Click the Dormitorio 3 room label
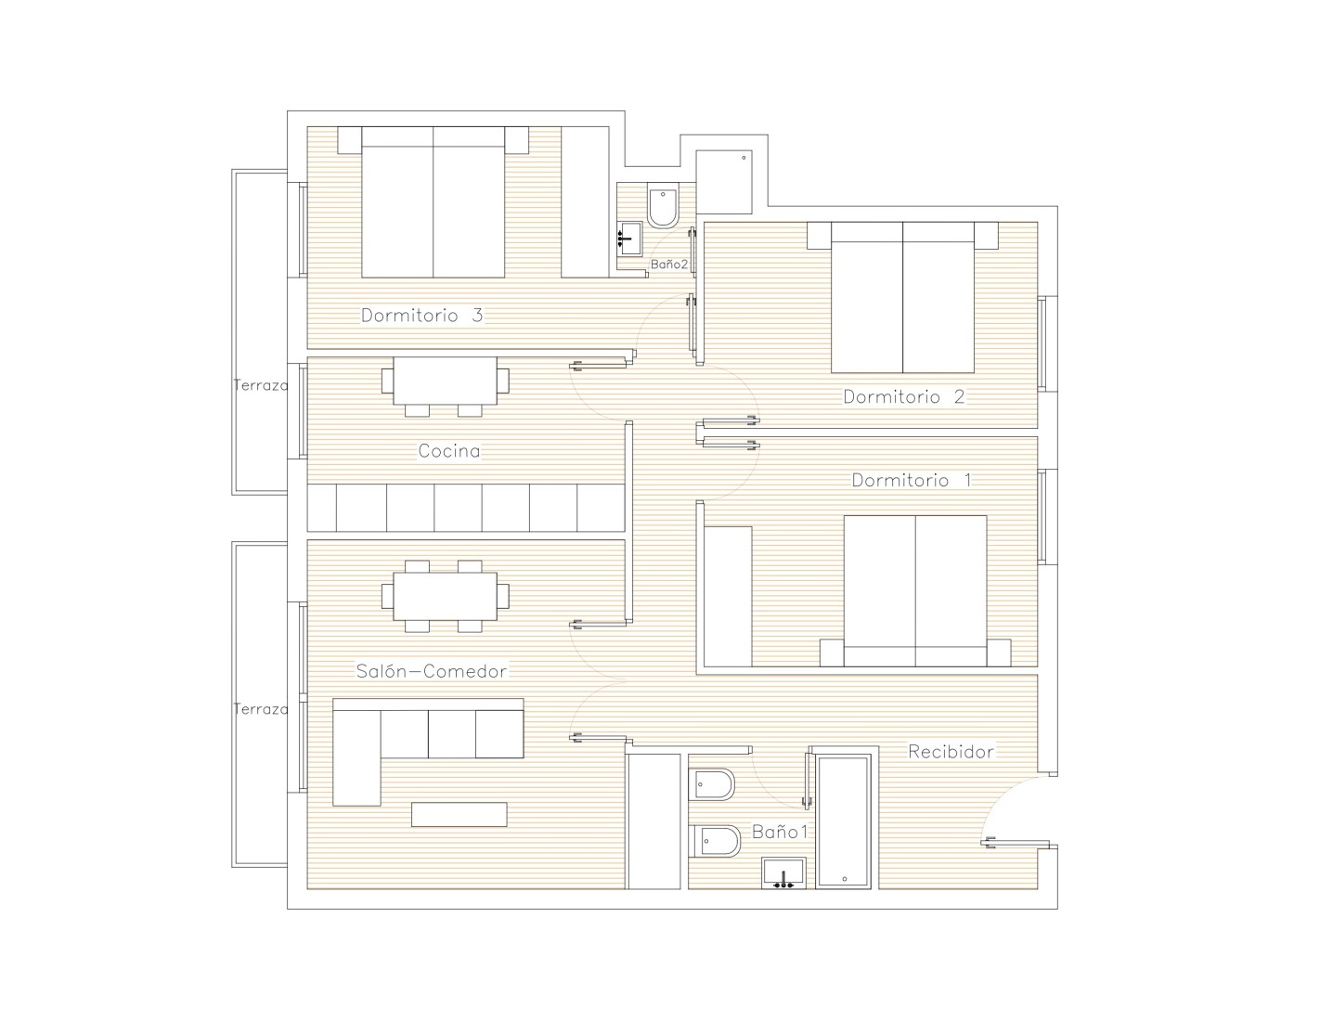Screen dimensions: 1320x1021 tap(421, 316)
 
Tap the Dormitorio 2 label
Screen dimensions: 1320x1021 tap(904, 396)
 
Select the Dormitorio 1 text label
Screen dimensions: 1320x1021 tap(912, 480)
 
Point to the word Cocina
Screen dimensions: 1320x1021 tap(449, 451)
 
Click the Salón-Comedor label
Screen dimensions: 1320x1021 tap(432, 670)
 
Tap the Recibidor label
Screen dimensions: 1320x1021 tap(951, 751)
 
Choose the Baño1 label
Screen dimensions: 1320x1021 tap(780, 832)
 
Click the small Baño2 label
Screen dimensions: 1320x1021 tap(668, 265)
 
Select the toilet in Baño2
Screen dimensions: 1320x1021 tap(663, 205)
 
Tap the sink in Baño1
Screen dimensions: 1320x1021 tap(784, 873)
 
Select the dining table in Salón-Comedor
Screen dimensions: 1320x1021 tap(446, 596)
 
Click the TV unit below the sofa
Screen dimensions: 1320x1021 tap(459, 815)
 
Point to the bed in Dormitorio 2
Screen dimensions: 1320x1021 tap(902, 297)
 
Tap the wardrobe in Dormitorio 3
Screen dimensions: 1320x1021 tap(585, 202)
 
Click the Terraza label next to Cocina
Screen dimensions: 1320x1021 tap(261, 385)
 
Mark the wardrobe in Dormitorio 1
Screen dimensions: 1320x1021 tap(728, 597)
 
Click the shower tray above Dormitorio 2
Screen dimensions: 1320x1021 tap(724, 182)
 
